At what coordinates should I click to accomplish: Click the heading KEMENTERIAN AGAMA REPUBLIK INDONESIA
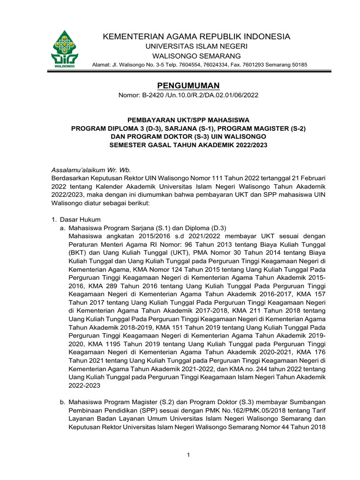click(196, 37)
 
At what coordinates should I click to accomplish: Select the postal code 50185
click(298, 64)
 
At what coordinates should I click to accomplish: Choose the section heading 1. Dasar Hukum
click(75, 219)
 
